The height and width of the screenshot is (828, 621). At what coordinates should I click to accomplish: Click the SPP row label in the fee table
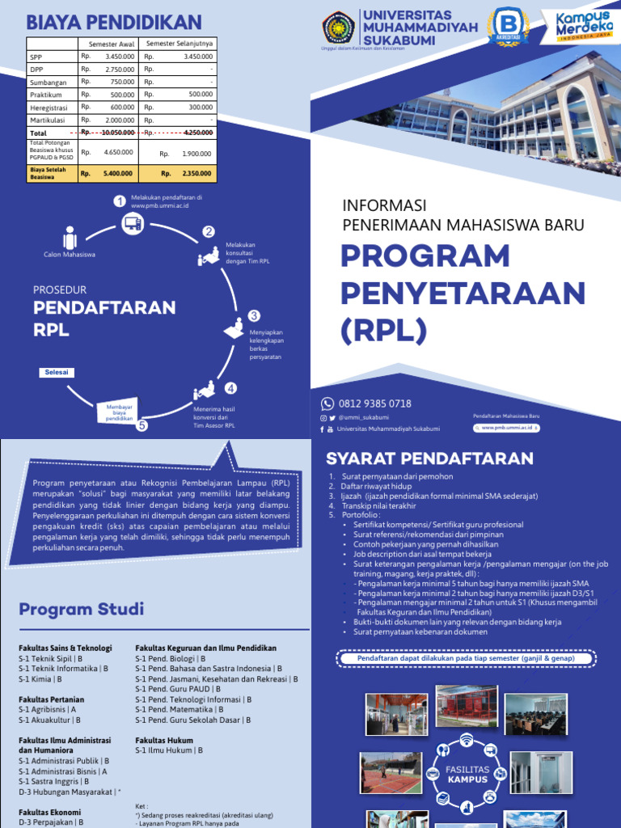click(x=36, y=57)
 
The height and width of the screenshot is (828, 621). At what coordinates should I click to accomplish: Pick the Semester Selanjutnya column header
click(x=178, y=43)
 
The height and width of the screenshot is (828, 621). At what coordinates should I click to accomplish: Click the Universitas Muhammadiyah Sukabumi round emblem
click(x=338, y=27)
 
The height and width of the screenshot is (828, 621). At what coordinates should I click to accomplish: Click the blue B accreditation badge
click(x=508, y=26)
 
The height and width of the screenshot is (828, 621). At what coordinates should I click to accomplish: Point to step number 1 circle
click(x=120, y=201)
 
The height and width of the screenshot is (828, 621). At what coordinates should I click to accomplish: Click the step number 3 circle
click(x=254, y=315)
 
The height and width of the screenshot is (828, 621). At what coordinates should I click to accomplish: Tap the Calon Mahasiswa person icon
click(x=70, y=238)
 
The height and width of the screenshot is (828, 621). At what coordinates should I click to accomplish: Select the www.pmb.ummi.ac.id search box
click(x=507, y=428)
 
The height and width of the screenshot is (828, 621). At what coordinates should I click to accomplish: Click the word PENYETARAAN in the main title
click(x=463, y=292)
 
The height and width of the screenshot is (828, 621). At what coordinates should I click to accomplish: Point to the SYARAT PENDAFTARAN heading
click(x=429, y=458)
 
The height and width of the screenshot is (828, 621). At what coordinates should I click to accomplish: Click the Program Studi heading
click(x=81, y=609)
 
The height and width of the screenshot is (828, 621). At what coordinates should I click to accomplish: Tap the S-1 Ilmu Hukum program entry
click(x=168, y=750)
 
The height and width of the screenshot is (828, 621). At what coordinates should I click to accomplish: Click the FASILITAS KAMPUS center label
click(x=467, y=775)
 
